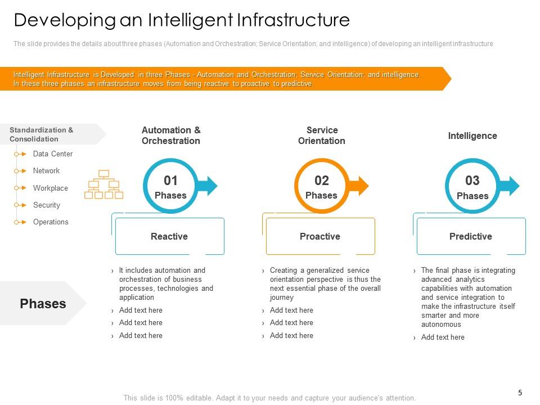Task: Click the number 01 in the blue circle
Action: pos(170,181)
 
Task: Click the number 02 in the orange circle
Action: pos(321,181)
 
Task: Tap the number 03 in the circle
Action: pos(472,181)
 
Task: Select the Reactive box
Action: pos(169,236)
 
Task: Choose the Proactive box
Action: pos(320,236)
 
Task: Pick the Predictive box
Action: pos(471,236)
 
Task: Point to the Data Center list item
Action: pos(53,154)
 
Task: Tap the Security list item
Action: pos(46,205)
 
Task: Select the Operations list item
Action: pos(51,222)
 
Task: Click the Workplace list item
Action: pos(50,188)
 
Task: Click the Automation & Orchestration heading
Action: pos(171,136)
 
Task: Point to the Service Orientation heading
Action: pos(322,136)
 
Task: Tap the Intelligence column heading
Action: pos(472,136)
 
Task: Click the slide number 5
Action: pos(520,393)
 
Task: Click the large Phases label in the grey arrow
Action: pos(43,304)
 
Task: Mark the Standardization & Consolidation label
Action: pos(42,134)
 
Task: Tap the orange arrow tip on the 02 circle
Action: pos(363,186)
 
